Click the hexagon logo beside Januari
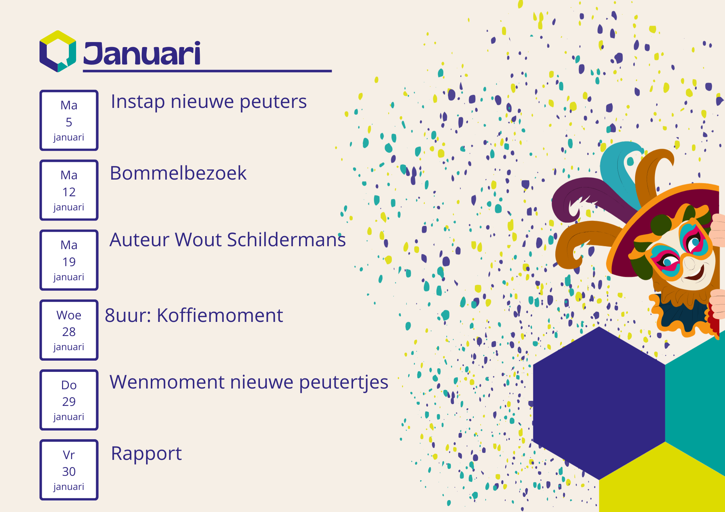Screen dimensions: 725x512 point(58,51)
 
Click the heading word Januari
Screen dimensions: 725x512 point(142,54)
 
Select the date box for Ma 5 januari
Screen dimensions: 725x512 point(69,120)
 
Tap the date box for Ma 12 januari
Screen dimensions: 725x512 point(69,190)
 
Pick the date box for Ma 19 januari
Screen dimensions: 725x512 point(69,260)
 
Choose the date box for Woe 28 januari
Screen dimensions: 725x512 point(69,330)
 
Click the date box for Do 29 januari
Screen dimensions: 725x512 point(69,400)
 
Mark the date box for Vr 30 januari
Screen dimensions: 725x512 point(69,470)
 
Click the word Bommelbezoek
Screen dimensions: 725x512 point(178,173)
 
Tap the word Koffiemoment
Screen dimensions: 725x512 point(220,315)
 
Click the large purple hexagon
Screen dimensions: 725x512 point(599,403)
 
